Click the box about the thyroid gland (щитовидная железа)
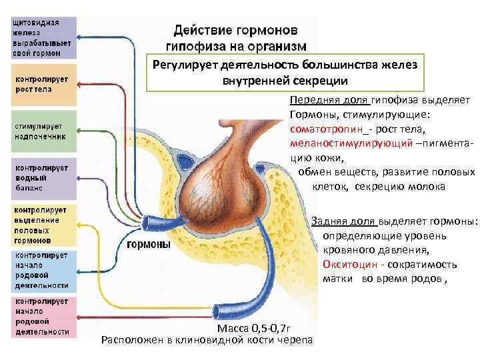tap(39, 37)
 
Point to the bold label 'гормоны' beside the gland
tap(148, 245)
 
